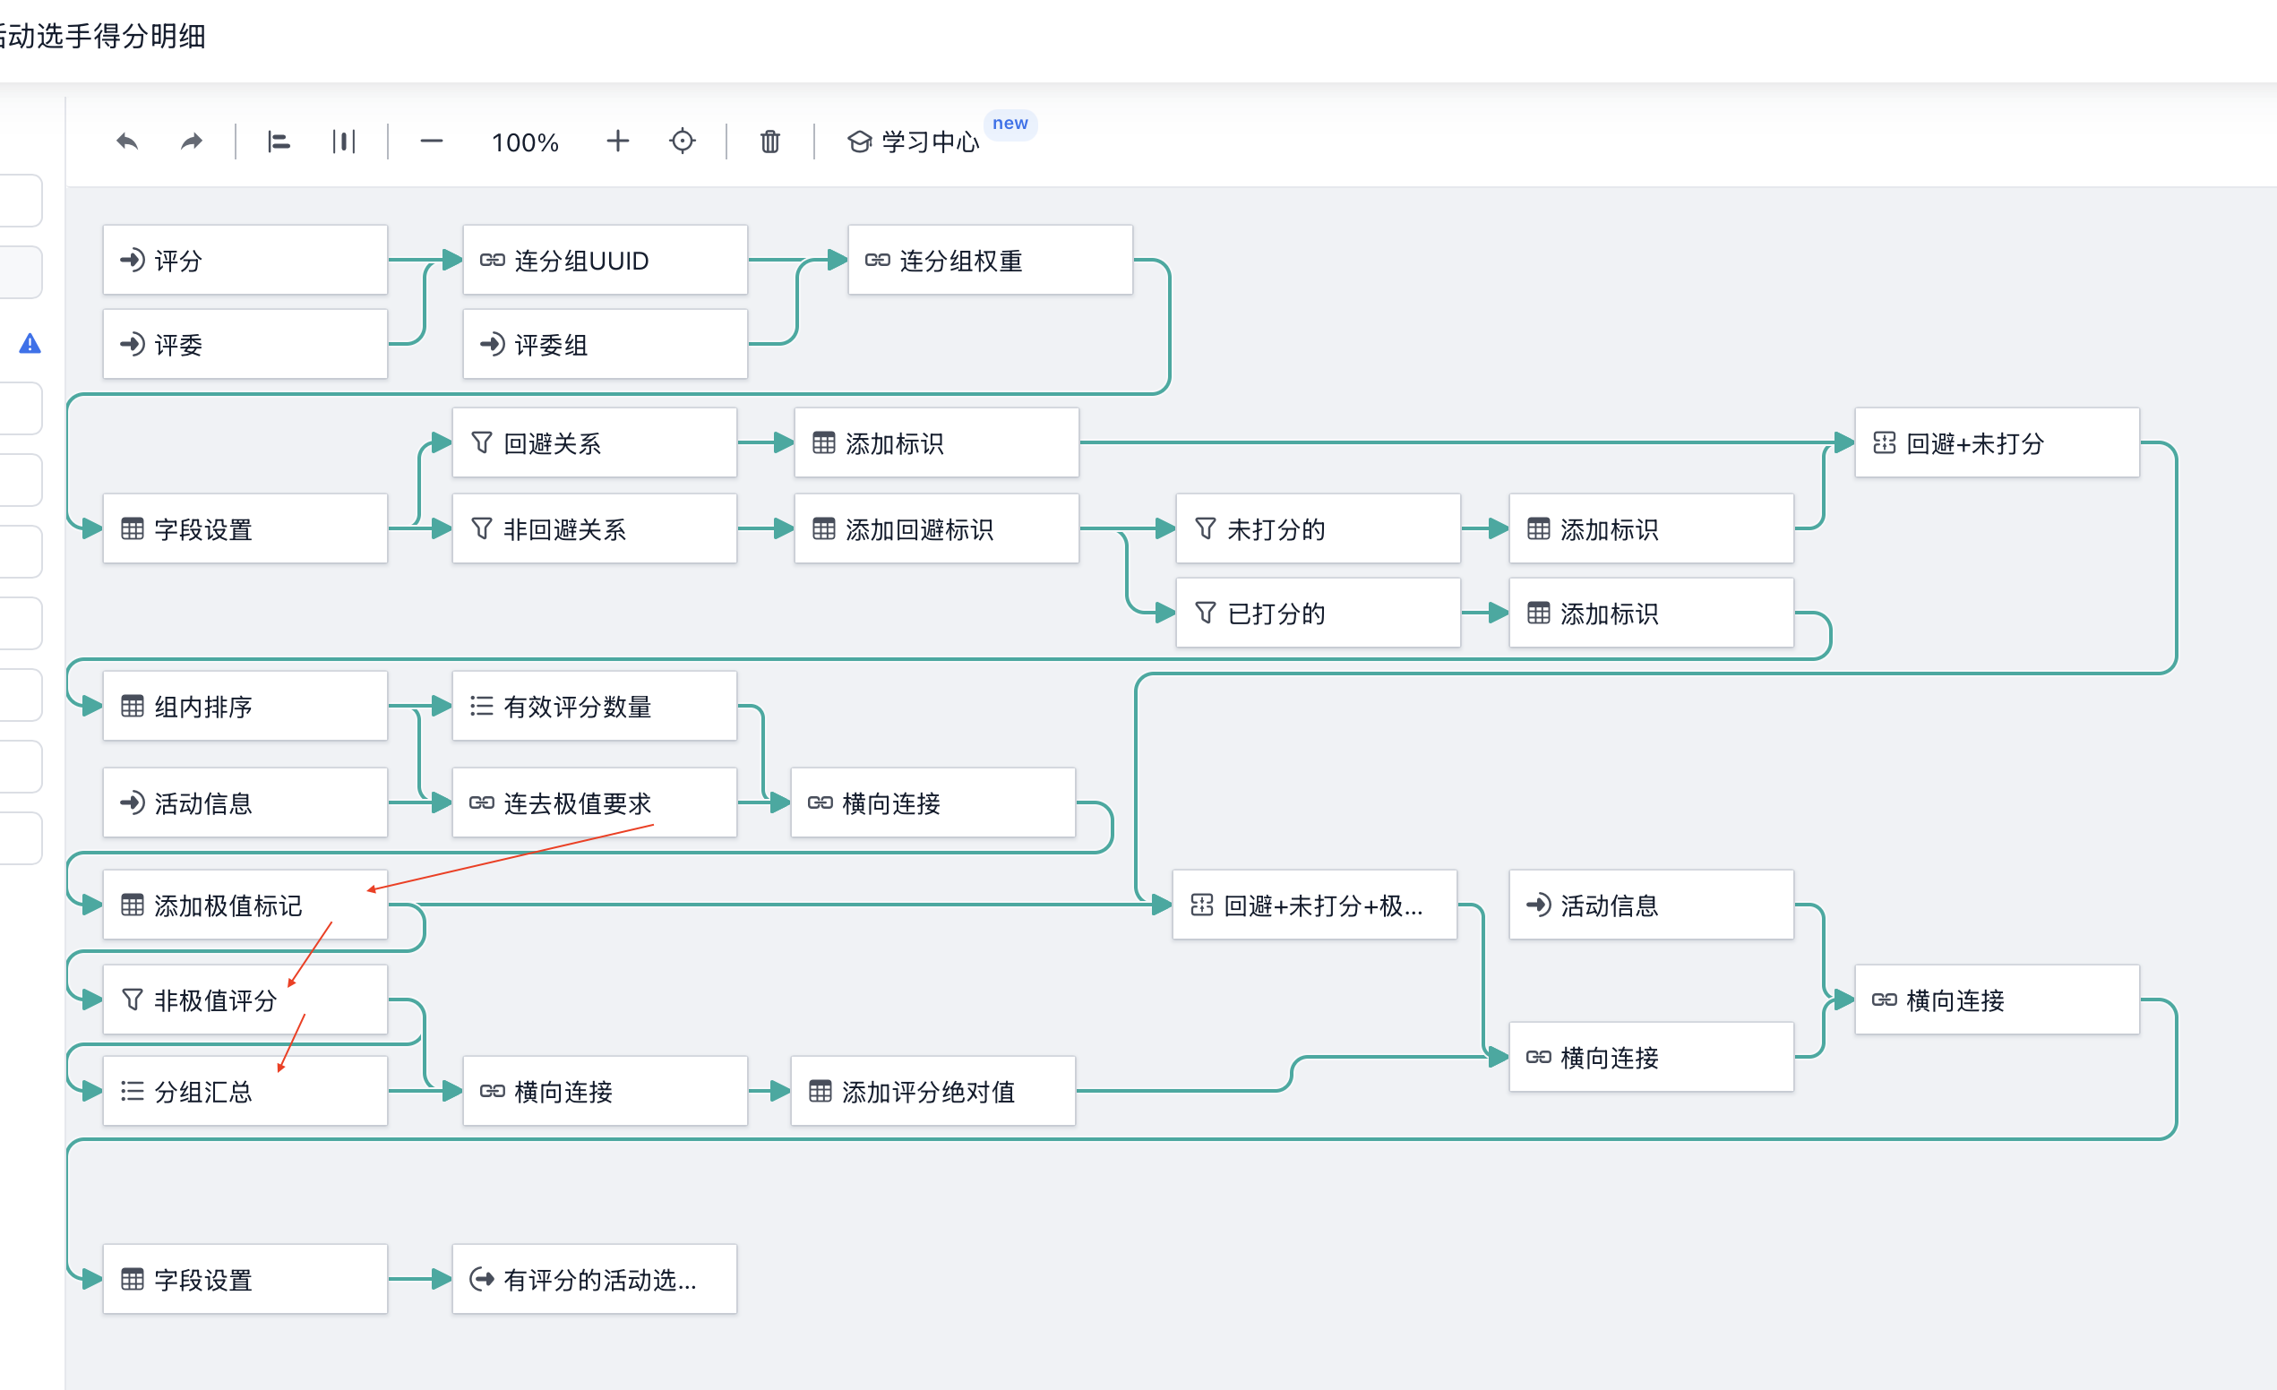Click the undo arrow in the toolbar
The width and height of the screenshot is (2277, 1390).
[x=127, y=142]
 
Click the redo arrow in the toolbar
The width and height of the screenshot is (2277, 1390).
[x=192, y=142]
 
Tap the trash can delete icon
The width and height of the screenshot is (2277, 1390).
[x=769, y=142]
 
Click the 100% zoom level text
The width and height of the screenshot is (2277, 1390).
[x=525, y=142]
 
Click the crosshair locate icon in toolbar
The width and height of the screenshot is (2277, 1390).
[x=682, y=142]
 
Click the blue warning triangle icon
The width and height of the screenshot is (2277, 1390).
[x=30, y=344]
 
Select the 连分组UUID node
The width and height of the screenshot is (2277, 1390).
[x=605, y=260]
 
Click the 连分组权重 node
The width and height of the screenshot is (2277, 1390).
[x=990, y=260]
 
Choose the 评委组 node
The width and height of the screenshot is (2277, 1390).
[x=605, y=344]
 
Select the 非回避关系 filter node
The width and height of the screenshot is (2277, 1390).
[x=594, y=528]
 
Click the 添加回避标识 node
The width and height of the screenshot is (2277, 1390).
[x=936, y=528]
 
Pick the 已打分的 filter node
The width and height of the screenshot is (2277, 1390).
[x=1318, y=613]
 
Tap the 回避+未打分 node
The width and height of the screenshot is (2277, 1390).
[x=1997, y=442]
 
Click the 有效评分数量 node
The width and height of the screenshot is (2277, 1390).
[x=594, y=706]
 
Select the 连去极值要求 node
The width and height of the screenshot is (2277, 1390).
[x=594, y=802]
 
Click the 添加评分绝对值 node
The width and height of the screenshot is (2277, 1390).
[x=932, y=1092]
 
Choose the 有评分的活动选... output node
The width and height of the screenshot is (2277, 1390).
[x=594, y=1279]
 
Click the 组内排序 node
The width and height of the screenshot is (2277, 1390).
[x=245, y=706]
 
